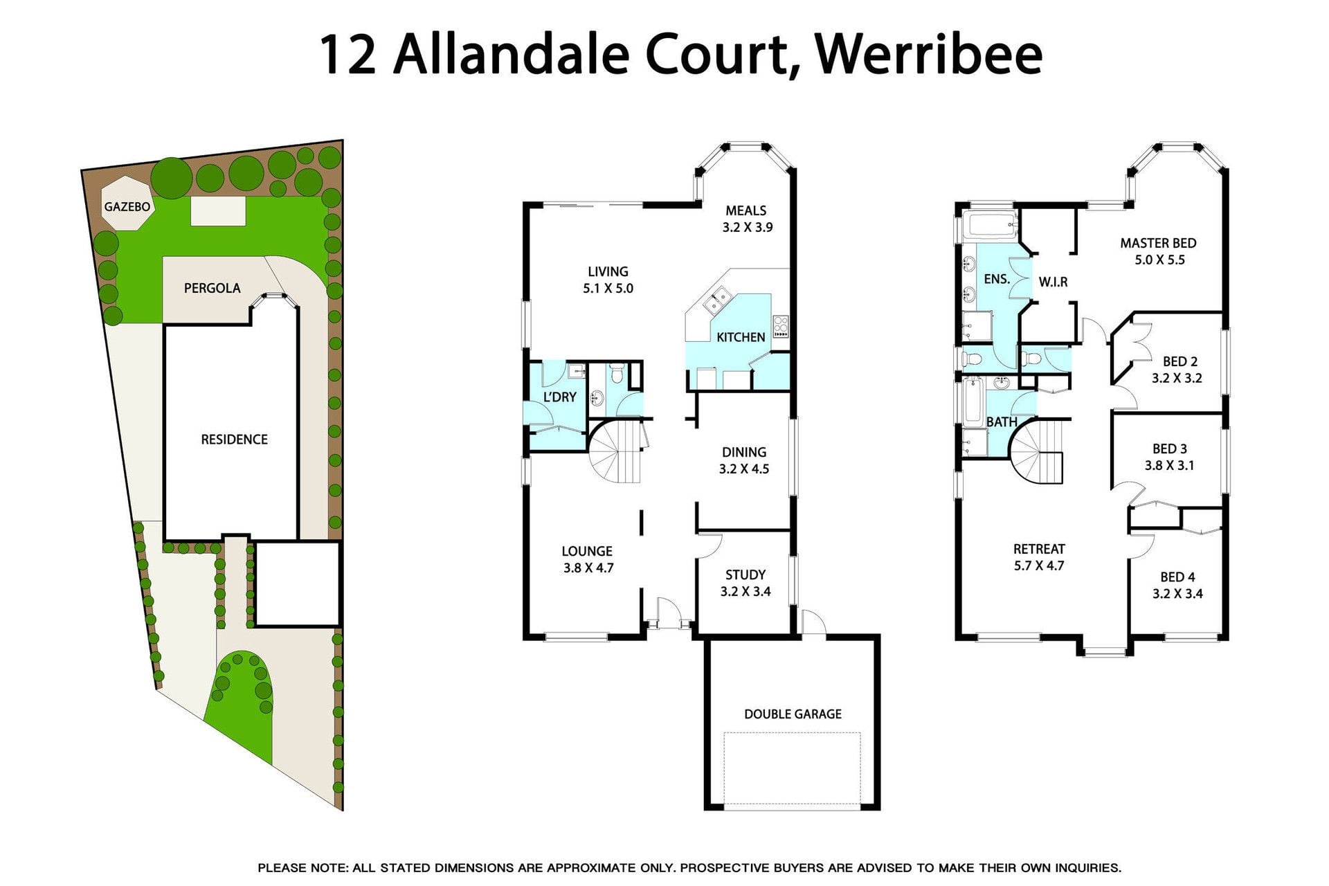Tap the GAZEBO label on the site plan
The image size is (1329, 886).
(127, 207)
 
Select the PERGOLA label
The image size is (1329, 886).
(213, 288)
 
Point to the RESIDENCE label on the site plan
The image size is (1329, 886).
(234, 440)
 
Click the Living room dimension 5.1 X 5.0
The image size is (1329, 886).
(608, 289)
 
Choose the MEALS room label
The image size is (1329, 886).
(746, 210)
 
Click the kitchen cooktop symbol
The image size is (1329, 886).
(781, 327)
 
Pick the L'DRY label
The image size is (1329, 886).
(559, 397)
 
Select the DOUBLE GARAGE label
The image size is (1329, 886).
(793, 714)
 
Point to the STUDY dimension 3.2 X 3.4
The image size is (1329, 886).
(745, 592)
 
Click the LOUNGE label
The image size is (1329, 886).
(587, 551)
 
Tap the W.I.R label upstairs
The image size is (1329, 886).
(1054, 282)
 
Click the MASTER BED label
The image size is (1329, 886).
(1159, 243)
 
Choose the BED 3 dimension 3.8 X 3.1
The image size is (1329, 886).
(1169, 466)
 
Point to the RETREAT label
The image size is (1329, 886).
(1039, 549)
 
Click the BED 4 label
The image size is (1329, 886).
(1177, 577)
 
